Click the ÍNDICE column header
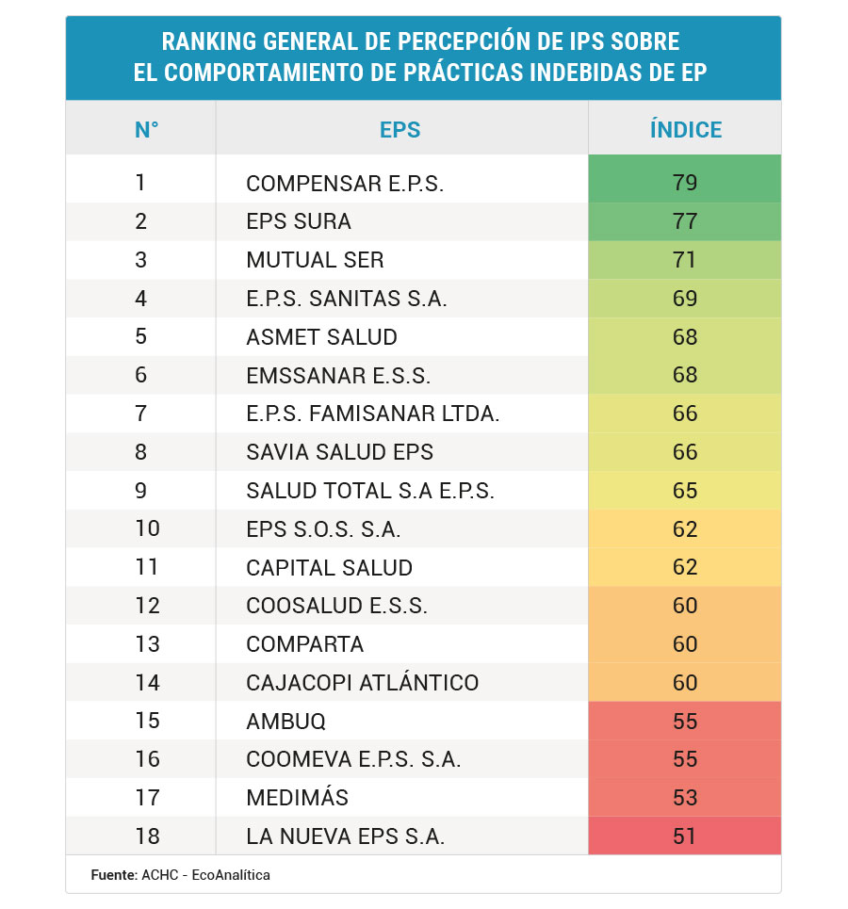[685, 130]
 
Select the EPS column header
[400, 130]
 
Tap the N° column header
[146, 130]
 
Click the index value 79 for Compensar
[685, 183]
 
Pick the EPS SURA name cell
[299, 221]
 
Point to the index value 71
[685, 260]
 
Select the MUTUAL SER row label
[315, 260]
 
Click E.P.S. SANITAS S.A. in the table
[346, 299]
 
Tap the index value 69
[685, 299]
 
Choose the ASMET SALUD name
[321, 337]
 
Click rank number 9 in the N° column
[141, 490]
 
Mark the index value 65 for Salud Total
[685, 491]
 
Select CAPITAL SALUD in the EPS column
[329, 567]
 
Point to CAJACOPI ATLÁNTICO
[362, 682]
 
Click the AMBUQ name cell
[285, 721]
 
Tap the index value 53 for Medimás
[685, 798]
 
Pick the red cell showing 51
[685, 836]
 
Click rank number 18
[147, 836]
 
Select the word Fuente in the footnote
[113, 875]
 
